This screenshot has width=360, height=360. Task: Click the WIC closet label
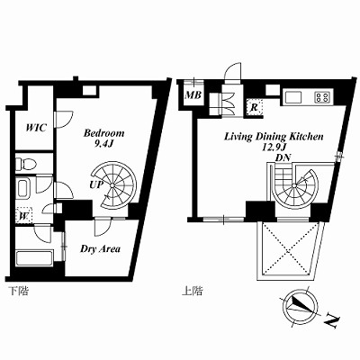36,128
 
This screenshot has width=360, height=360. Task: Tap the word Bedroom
103,133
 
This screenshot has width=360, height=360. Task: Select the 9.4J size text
103,144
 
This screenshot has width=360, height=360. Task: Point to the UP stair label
96,184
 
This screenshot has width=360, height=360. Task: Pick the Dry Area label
100,248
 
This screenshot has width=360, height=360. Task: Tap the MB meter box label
193,95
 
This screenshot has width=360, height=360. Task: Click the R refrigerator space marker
254,107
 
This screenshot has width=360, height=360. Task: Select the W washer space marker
23,215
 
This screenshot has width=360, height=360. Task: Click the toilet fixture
26,164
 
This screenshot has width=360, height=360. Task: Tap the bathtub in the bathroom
34,257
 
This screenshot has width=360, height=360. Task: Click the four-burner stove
323,97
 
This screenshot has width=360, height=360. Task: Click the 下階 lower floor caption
18,291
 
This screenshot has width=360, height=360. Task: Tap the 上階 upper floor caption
192,291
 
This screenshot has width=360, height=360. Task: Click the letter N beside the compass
332,321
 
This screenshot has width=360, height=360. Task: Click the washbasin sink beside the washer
22,188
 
